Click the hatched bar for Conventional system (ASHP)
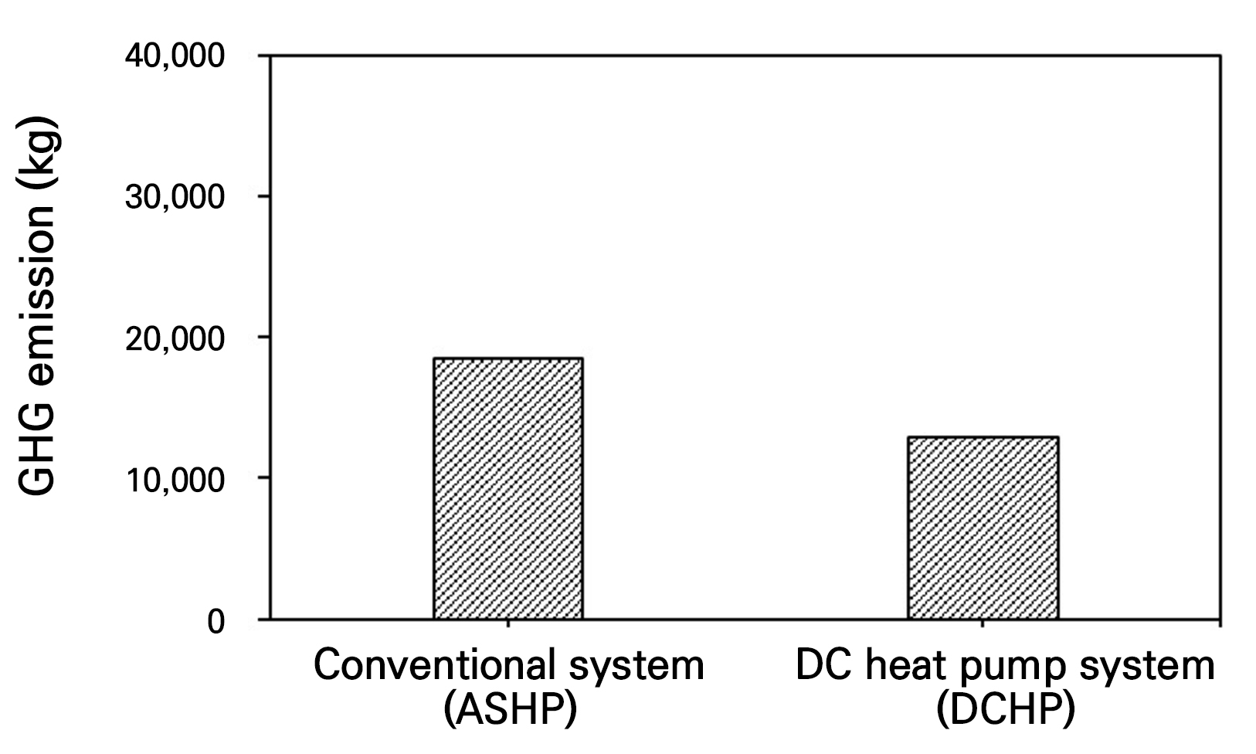[507, 488]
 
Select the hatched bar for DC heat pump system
[983, 528]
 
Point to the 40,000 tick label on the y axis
[175, 57]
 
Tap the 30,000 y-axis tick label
[175, 198]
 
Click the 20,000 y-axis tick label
[175, 338]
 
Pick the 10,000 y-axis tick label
[175, 479]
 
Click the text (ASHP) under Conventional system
[511, 709]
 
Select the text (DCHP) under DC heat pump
[1005, 709]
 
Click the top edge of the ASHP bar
[507, 358]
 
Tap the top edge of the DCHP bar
[983, 437]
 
